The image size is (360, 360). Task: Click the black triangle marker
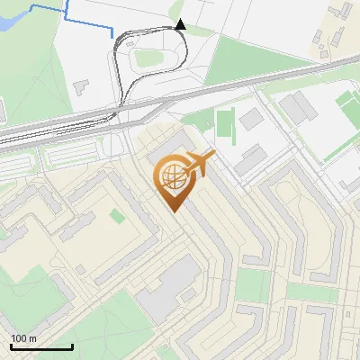180,24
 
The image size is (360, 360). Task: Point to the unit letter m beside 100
32,338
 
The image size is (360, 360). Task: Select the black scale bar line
41,346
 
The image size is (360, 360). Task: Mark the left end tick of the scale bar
11,345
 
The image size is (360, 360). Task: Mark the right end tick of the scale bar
72,345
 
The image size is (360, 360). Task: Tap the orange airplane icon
199,164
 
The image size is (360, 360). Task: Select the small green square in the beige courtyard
116,216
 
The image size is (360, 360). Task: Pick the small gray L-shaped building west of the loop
79,89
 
